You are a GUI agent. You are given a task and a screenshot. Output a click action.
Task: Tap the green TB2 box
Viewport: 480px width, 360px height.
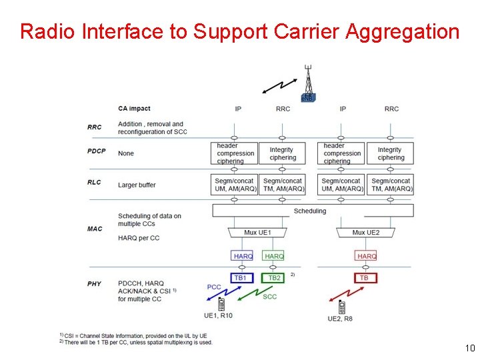273,278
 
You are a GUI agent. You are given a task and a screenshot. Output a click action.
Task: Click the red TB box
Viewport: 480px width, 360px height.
365,278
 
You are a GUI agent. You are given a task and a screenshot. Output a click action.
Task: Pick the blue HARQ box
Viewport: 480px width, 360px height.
243,256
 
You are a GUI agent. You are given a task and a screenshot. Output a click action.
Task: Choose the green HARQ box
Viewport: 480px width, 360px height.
273,256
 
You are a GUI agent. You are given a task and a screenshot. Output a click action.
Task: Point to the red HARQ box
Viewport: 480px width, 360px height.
366,256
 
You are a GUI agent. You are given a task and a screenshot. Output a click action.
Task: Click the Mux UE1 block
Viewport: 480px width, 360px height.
257,233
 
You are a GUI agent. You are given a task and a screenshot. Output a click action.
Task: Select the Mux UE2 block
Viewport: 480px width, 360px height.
365,233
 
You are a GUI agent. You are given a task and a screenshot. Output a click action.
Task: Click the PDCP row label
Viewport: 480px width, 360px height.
97,151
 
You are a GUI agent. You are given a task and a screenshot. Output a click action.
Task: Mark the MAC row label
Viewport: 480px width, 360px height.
95,229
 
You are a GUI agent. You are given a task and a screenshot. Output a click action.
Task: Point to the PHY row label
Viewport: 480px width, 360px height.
94,284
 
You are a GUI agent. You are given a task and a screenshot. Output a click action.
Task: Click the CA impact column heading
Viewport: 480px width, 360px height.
134,109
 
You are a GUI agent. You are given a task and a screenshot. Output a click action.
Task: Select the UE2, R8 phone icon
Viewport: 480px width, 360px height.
341,307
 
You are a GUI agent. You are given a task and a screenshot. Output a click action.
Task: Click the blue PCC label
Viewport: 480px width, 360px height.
214,287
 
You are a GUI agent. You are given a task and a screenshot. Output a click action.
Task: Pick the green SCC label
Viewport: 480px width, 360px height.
269,297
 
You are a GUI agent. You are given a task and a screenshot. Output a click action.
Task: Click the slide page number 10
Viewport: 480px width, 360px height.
469,348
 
